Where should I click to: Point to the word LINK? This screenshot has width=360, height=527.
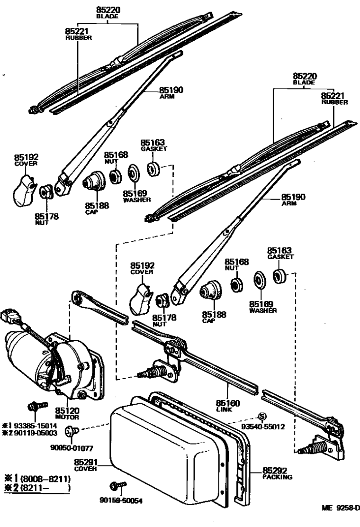[223, 409]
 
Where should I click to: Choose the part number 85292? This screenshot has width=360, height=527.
[274, 470]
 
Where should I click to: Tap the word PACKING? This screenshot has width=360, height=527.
[277, 477]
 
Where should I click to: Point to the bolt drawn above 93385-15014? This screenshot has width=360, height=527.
[36, 406]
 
